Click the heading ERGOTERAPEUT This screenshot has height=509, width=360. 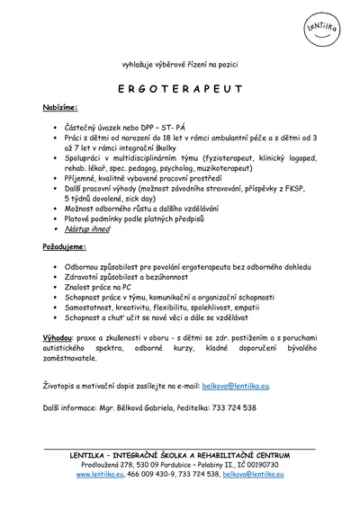[179, 90]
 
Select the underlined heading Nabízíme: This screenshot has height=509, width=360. [60, 107]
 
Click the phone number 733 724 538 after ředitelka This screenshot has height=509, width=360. [233, 407]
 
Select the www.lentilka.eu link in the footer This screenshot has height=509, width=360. [99, 473]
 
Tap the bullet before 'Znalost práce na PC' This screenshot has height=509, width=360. [56, 287]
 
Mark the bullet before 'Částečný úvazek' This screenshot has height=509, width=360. [56, 129]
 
